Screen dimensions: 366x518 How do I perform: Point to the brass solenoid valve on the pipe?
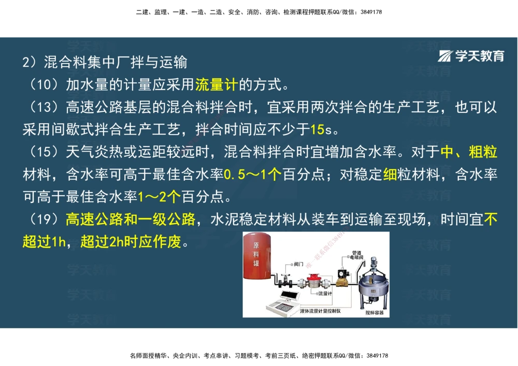tap(342, 280)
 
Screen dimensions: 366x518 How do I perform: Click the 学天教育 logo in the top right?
tap(471, 56)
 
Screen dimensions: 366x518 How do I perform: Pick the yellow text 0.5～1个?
tap(253, 174)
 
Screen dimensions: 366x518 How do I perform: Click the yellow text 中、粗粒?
tap(469, 152)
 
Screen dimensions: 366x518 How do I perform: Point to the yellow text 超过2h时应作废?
tap(132, 242)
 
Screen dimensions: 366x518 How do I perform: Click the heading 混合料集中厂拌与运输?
tap(116, 62)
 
